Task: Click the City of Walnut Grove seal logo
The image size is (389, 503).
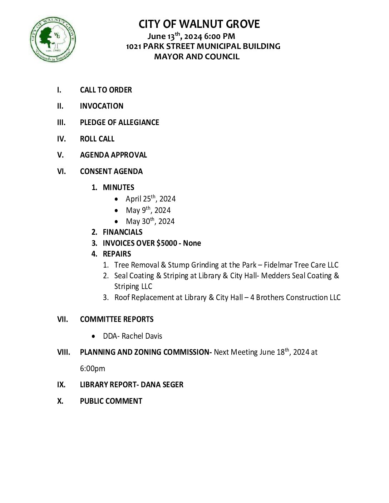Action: [53, 39]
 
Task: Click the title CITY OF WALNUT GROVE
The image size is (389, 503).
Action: [199, 24]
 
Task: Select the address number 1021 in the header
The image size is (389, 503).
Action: [134, 46]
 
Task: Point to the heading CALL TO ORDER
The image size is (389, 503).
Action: [106, 90]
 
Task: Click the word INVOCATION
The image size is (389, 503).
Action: [102, 106]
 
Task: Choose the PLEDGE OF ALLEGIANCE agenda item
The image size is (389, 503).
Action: [119, 123]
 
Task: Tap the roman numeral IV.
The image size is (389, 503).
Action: [61, 139]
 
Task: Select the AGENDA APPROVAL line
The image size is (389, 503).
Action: [113, 155]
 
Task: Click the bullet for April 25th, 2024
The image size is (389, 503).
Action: [117, 199]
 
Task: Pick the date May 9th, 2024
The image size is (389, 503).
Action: [148, 210]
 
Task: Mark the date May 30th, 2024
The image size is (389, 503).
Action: [150, 221]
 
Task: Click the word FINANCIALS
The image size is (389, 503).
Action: [123, 232]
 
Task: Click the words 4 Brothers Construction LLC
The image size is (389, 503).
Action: [295, 298]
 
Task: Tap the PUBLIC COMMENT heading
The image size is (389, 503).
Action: [111, 401]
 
